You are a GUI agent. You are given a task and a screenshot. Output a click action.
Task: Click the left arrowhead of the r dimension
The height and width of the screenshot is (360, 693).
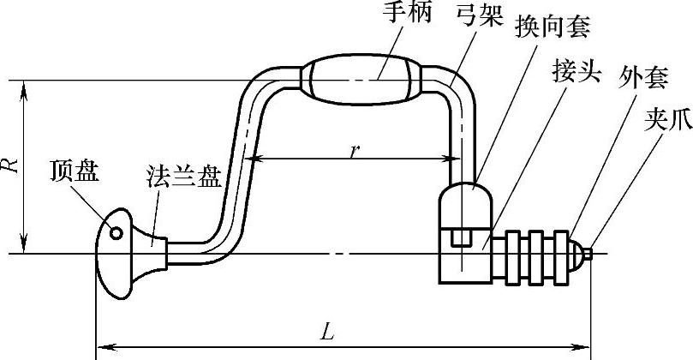click(251, 158)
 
